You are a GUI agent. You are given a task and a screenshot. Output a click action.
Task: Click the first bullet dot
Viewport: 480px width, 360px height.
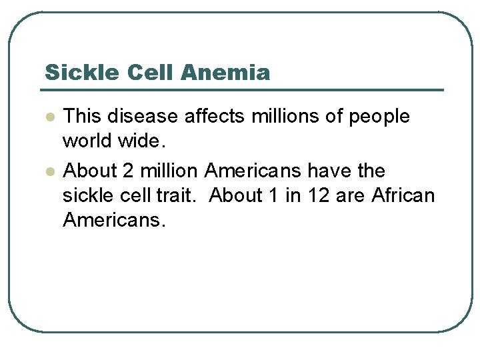[x=49, y=117]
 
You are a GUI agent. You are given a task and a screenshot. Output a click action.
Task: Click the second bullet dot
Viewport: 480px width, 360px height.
[x=49, y=171]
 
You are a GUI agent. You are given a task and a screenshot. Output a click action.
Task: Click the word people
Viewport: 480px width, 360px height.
[x=379, y=117]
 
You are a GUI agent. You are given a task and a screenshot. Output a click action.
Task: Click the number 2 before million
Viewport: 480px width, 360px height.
[x=129, y=171]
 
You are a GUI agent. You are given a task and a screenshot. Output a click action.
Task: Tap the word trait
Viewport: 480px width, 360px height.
[x=183, y=195]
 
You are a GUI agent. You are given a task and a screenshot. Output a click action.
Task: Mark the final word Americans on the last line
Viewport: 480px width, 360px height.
[x=112, y=219]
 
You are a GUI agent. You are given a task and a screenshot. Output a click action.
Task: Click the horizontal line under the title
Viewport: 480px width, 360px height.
[x=243, y=89]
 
